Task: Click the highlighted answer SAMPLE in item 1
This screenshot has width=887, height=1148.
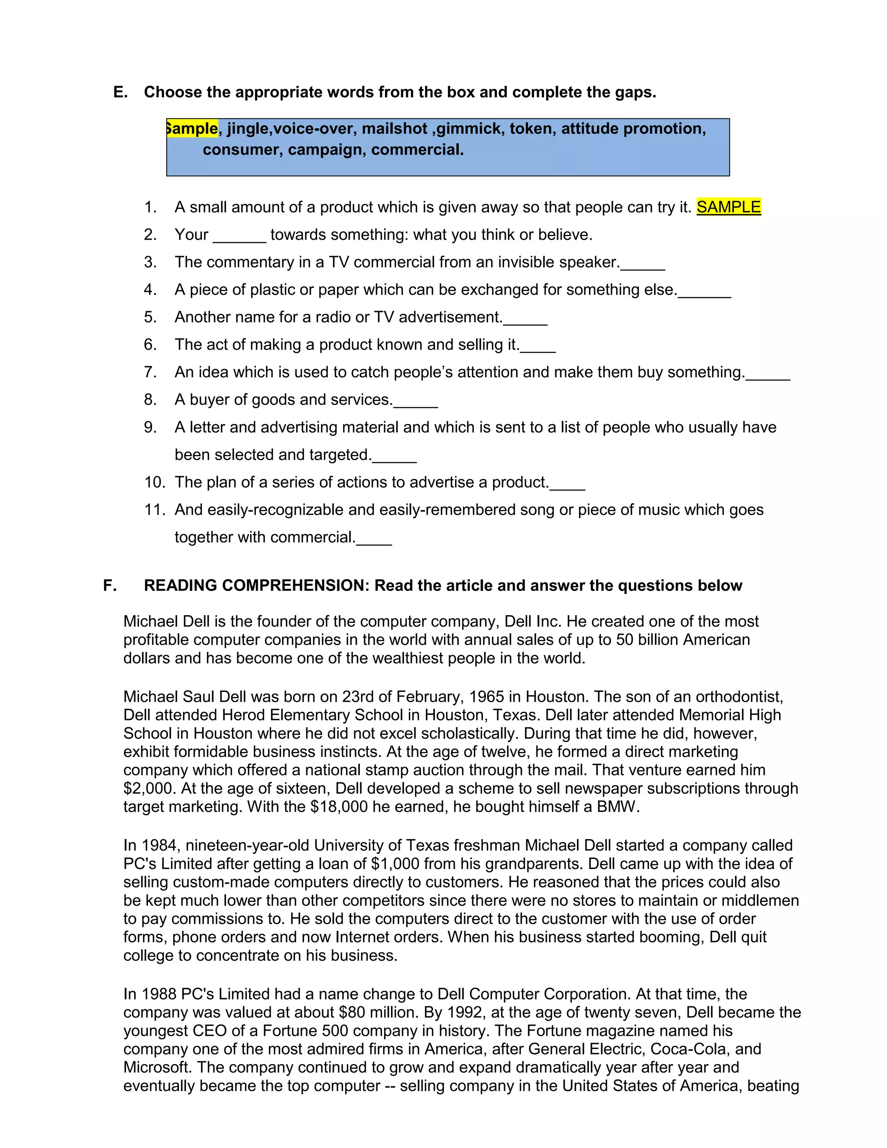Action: (728, 207)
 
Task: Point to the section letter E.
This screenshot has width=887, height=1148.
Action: (120, 93)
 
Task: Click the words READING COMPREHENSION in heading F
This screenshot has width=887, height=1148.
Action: (256, 586)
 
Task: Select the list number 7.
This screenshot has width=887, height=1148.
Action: (150, 372)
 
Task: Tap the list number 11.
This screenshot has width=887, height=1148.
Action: (155, 510)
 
